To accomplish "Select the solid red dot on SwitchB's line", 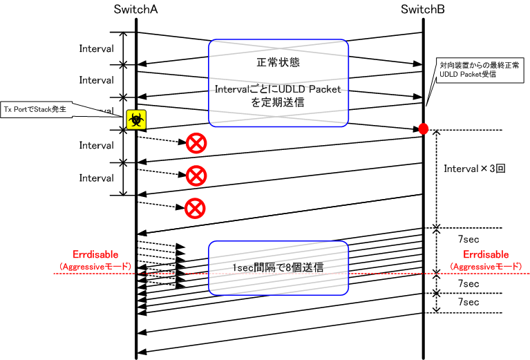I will coord(424,129).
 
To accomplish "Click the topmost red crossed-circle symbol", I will coord(196,144).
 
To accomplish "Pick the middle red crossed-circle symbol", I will coord(196,176).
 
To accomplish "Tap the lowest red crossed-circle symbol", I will coord(196,207).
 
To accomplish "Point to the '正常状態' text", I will coord(277,62).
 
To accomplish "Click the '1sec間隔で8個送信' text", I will coord(278,267).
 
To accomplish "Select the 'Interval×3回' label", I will coord(475,168).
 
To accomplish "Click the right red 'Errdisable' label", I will coord(486,254).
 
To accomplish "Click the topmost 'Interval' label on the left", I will coord(96,48).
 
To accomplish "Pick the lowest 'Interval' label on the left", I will coord(96,178).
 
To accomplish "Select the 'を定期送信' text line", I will coord(278,102).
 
